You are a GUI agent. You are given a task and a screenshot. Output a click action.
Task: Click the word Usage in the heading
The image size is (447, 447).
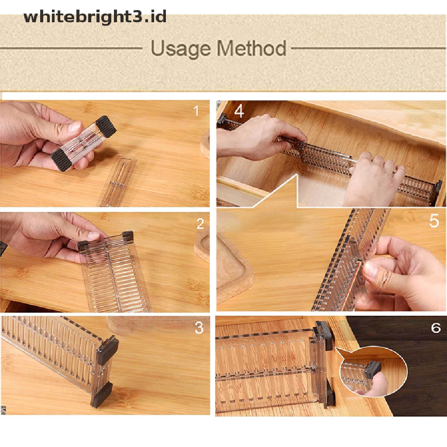[181, 48]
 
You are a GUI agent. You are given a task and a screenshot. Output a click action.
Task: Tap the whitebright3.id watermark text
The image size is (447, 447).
[95, 17]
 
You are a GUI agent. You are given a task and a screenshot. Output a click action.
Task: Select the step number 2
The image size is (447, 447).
[200, 224]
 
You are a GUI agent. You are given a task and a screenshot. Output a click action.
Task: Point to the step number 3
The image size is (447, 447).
[199, 328]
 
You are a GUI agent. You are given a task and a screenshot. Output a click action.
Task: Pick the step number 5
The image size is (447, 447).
[433, 221]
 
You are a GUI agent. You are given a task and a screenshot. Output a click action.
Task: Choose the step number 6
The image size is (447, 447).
[436, 328]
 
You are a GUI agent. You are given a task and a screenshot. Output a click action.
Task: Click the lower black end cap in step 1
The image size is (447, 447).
[61, 159]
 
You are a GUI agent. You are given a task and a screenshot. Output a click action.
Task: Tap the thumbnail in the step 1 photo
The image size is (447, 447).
[75, 127]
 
